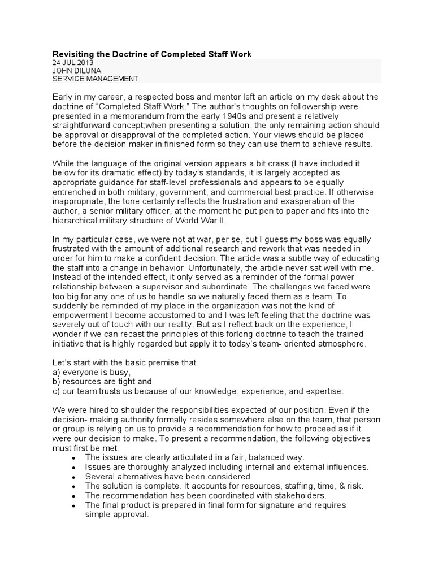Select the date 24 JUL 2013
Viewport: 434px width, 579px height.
pos(73,63)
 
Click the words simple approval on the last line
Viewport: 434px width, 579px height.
pos(117,515)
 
